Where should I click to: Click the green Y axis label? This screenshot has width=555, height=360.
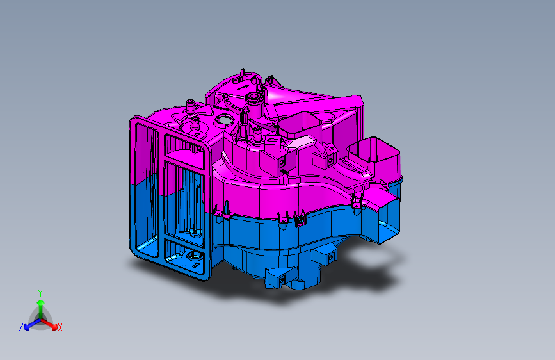click(x=40, y=292)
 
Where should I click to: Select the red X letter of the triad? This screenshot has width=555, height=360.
click(x=60, y=328)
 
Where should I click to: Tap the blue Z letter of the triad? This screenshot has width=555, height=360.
click(x=21, y=327)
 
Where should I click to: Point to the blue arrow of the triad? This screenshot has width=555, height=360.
click(x=29, y=323)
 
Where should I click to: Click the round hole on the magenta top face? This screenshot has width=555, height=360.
click(x=224, y=120)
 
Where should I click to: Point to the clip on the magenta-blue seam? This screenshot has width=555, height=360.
click(x=300, y=220)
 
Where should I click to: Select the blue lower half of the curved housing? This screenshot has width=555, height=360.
click(x=269, y=237)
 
